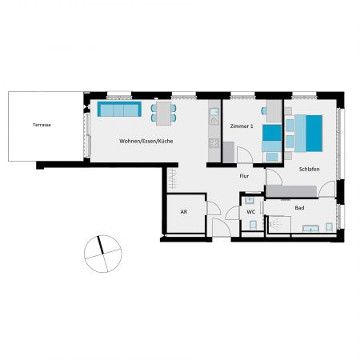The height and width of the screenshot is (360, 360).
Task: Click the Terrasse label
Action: [x=41, y=126]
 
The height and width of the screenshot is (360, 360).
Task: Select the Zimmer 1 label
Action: [x=242, y=126]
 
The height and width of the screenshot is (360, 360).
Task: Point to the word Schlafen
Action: [x=310, y=170]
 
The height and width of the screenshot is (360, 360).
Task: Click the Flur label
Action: [x=245, y=175]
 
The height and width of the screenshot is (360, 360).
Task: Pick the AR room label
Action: [x=183, y=213]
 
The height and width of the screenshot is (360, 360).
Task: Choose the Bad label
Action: [x=299, y=207]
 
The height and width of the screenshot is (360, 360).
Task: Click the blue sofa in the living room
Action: [x=119, y=110]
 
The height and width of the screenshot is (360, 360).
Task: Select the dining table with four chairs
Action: [x=163, y=111]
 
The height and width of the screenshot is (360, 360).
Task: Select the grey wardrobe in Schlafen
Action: [x=293, y=190]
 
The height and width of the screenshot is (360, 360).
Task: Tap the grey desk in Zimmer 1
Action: [x=274, y=110]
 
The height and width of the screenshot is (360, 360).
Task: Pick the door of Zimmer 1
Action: [x=229, y=154]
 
